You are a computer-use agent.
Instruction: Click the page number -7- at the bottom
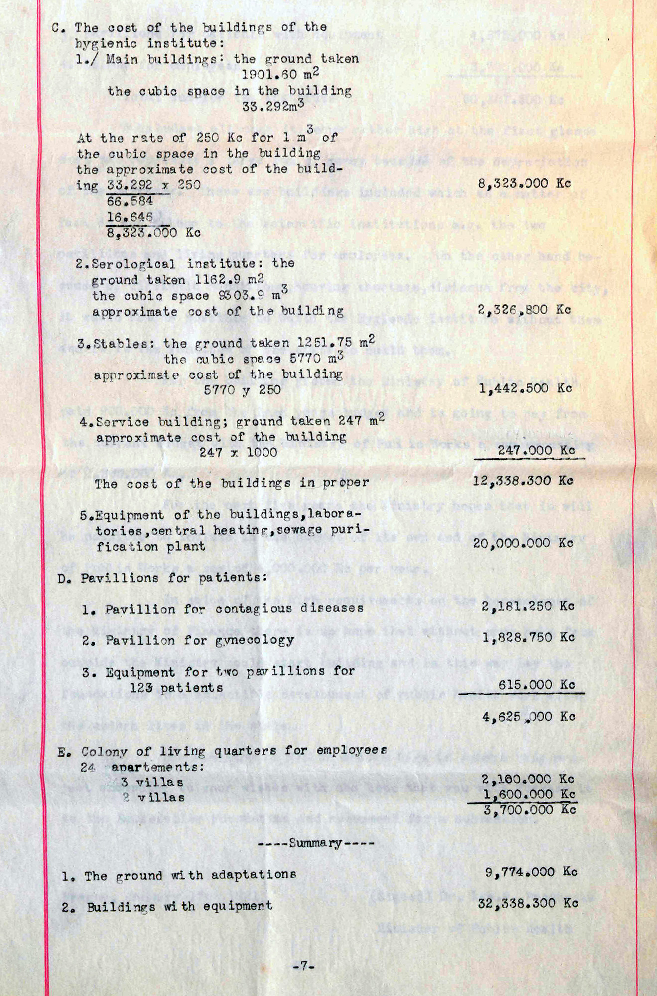point(304,967)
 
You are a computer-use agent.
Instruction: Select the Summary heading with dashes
point(316,843)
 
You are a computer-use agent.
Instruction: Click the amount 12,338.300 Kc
point(527,481)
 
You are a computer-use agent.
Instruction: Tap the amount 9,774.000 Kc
point(531,872)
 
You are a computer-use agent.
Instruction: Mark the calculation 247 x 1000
point(238,453)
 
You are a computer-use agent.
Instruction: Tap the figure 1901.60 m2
point(280,75)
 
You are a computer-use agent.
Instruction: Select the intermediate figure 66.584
point(130,201)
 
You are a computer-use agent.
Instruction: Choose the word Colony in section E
point(104,752)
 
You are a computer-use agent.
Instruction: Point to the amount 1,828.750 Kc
point(528,637)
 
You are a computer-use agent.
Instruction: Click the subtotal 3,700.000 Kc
point(529,810)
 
